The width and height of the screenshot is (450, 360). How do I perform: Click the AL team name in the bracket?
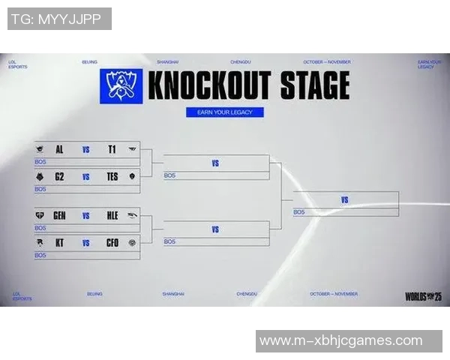(x=59, y=149)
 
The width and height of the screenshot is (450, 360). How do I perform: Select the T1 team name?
(x=112, y=149)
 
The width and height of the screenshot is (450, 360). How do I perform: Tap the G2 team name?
(x=59, y=177)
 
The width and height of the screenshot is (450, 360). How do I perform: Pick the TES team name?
(x=112, y=177)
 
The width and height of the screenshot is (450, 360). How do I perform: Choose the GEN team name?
(x=59, y=215)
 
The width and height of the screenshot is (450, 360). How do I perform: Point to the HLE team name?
(x=112, y=215)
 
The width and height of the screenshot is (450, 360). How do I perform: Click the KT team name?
(x=59, y=243)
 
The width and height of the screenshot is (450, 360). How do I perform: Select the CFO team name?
(x=112, y=243)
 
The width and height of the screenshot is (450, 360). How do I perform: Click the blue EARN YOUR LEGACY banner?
(x=225, y=112)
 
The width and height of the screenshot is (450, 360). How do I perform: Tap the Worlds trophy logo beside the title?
(x=121, y=85)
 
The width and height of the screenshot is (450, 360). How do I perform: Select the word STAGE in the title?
(x=314, y=85)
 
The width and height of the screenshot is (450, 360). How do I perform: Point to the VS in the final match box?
(x=345, y=200)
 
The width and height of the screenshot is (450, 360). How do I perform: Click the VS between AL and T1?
(x=86, y=149)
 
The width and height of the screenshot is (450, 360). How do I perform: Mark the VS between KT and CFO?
(x=86, y=243)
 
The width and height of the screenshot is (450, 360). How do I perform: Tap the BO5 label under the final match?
(x=299, y=212)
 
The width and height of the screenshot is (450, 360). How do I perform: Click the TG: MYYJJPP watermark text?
(x=58, y=19)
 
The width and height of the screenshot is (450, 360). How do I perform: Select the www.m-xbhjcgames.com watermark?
(x=341, y=341)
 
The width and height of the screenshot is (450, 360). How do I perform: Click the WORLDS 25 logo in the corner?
(x=423, y=295)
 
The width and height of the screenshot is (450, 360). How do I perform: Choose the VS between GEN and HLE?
(x=86, y=215)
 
